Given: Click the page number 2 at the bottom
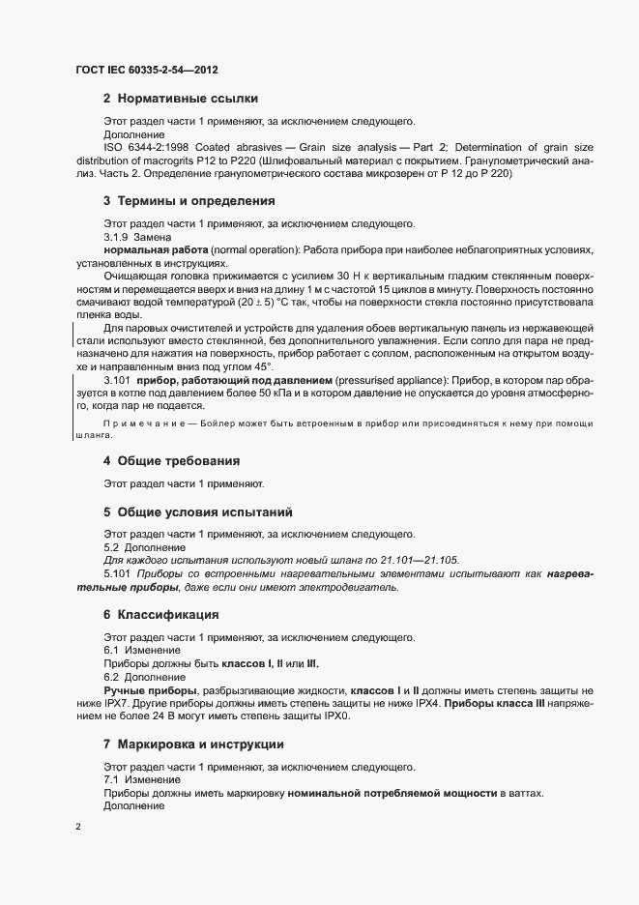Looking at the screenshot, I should (78, 828).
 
